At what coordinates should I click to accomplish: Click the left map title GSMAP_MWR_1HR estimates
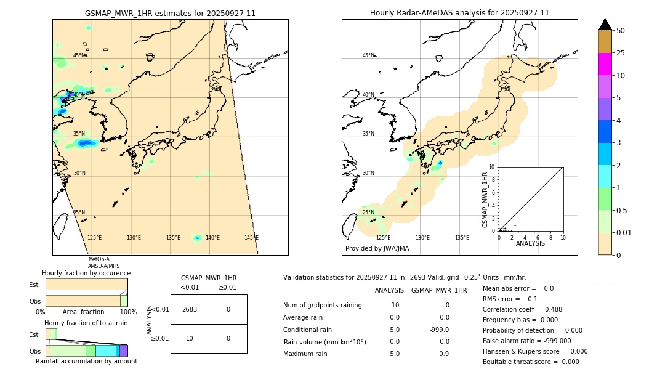click(x=170, y=13)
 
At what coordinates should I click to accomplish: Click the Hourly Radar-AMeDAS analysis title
click(x=459, y=13)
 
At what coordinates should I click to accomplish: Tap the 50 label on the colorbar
click(x=621, y=31)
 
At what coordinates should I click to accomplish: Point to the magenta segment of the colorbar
click(x=605, y=64)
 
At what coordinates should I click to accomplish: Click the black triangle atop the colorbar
click(x=605, y=25)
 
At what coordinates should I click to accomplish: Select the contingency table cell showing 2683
click(x=190, y=309)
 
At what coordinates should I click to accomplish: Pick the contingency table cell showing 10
click(x=190, y=338)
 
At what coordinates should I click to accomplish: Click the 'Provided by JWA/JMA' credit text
click(x=377, y=249)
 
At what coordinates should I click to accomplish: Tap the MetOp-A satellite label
click(x=99, y=259)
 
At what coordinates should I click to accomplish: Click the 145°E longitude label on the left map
click(x=251, y=238)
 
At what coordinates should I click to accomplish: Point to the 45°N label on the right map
click(x=368, y=55)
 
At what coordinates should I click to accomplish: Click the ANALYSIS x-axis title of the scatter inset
click(x=530, y=243)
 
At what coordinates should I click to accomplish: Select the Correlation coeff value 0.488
click(x=550, y=310)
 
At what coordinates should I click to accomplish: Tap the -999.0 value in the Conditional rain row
click(x=438, y=330)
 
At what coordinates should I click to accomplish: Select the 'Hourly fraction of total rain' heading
click(x=86, y=323)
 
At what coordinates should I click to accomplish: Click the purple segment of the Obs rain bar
click(x=123, y=351)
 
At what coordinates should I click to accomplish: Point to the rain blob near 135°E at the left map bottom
click(x=197, y=238)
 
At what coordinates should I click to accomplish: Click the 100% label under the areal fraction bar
click(x=128, y=312)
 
